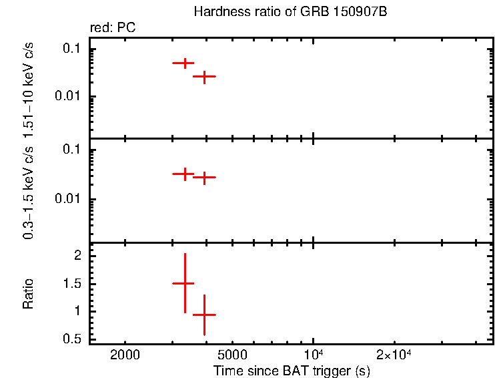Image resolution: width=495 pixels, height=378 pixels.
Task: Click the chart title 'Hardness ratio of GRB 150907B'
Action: tap(290, 12)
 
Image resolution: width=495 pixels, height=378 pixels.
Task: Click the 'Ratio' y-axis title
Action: tap(29, 294)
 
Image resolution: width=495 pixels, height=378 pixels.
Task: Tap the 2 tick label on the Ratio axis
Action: tap(78, 256)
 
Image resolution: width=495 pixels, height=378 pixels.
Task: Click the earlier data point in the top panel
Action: tap(183, 63)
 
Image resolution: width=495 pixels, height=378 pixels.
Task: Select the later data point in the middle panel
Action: tap(204, 177)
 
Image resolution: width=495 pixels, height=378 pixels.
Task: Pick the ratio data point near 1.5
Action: tap(184, 283)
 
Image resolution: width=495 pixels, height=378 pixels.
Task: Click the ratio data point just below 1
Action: tap(204, 314)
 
